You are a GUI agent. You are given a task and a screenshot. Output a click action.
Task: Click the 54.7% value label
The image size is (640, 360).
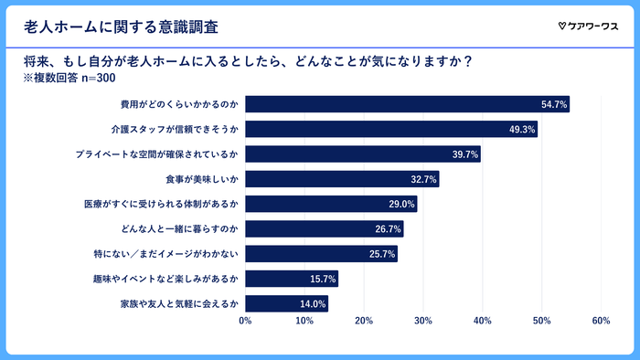click(x=554, y=105)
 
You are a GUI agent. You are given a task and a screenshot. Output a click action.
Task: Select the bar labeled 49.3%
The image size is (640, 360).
click(x=391, y=130)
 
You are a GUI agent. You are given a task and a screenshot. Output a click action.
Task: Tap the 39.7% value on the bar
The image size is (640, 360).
click(x=465, y=154)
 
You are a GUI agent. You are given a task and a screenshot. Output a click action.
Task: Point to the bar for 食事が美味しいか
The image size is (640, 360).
click(x=342, y=179)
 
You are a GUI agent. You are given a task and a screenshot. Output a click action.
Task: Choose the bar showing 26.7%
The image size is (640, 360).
click(x=324, y=229)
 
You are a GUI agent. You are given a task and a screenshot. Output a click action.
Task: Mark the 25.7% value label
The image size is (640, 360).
click(x=382, y=254)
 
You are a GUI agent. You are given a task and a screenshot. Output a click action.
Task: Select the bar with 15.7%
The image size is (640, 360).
click(x=292, y=279)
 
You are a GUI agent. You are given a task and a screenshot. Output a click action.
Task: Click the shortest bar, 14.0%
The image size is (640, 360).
click(x=286, y=303)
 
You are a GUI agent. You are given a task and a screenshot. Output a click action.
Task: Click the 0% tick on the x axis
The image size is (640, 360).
click(x=245, y=321)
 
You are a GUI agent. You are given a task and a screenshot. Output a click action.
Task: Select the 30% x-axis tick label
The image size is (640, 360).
click(x=422, y=321)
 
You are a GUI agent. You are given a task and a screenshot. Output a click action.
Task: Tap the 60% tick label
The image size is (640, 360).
click(x=601, y=321)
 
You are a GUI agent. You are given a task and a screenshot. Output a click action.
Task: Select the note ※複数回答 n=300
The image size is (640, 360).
click(x=70, y=79)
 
